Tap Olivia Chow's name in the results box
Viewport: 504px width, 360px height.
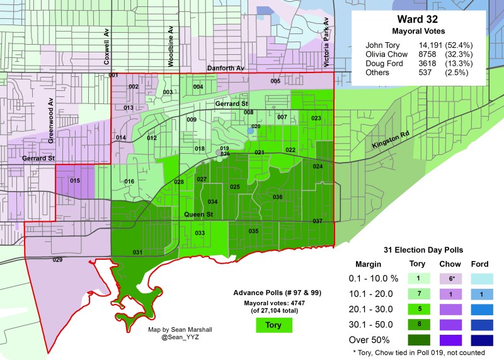pos(386,55)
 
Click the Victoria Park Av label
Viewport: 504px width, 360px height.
pos(327,38)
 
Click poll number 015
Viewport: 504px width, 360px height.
pos(75,182)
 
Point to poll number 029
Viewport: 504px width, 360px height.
pos(57,260)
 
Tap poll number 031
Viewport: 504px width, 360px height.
pos(137,253)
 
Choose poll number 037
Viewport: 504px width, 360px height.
pos(318,221)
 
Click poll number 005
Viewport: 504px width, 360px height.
pos(275,81)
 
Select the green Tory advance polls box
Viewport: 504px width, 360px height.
pos(274,325)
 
